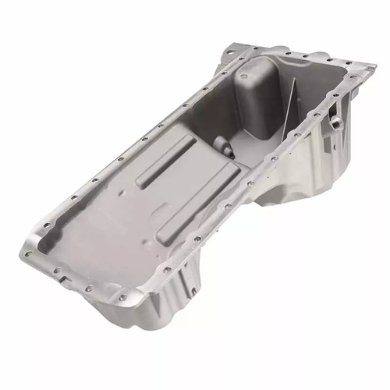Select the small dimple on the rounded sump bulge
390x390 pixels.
[245, 81]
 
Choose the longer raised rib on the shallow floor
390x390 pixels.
[190, 193]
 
